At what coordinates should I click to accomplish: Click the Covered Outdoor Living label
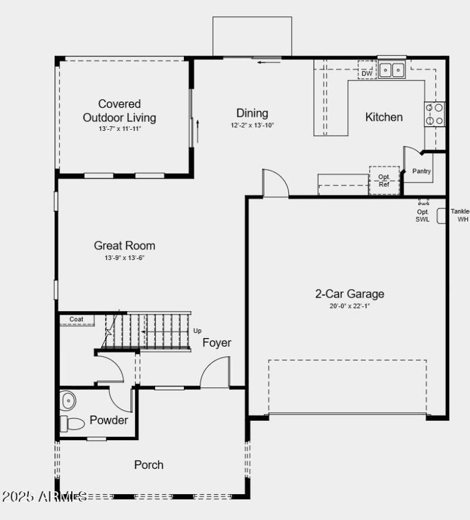pyautogui.click(x=119, y=111)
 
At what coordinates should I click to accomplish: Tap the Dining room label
pyautogui.click(x=252, y=113)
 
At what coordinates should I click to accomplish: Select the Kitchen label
pyautogui.click(x=384, y=117)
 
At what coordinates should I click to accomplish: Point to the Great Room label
pyautogui.click(x=125, y=245)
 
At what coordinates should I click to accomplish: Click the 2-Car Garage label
pyautogui.click(x=350, y=294)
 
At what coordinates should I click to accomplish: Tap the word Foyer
pyautogui.click(x=217, y=343)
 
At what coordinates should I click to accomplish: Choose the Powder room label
pyautogui.click(x=109, y=420)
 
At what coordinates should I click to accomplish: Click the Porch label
pyautogui.click(x=149, y=465)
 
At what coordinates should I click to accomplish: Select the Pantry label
pyautogui.click(x=421, y=171)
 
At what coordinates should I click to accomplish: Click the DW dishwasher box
pyautogui.click(x=367, y=73)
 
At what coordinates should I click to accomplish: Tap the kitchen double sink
pyautogui.click(x=391, y=70)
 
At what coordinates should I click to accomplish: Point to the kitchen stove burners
pyautogui.click(x=435, y=114)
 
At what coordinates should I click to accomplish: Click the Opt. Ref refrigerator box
pyautogui.click(x=384, y=181)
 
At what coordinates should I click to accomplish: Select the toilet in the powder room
pyautogui.click(x=73, y=423)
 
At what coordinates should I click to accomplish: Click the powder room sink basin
pyautogui.click(x=69, y=401)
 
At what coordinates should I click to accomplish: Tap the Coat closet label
pyautogui.click(x=76, y=320)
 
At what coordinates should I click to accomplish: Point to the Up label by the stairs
pyautogui.click(x=197, y=330)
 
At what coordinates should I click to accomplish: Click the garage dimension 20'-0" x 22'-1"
pyautogui.click(x=350, y=306)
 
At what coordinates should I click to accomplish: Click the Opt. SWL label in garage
pyautogui.click(x=423, y=215)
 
